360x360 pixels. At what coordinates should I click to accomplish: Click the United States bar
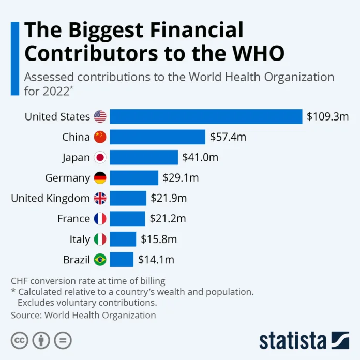[x=206, y=116]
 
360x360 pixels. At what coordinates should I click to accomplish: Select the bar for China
[x=157, y=137]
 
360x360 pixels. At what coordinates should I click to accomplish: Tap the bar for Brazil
[x=122, y=260]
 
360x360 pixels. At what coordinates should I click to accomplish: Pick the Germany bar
[x=133, y=178]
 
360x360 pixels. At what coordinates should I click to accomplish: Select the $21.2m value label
[x=168, y=219]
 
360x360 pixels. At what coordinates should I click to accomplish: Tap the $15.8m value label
[x=158, y=239]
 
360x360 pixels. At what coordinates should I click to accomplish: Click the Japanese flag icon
[x=100, y=158]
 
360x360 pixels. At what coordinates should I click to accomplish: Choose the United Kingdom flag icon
[x=100, y=198]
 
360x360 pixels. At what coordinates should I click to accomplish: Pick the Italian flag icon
[x=100, y=239]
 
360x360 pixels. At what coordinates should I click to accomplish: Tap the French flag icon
[x=100, y=219]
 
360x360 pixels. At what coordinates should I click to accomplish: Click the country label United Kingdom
[x=51, y=198]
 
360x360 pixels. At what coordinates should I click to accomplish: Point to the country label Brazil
[x=77, y=260]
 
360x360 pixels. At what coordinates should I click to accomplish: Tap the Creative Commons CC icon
[x=20, y=340]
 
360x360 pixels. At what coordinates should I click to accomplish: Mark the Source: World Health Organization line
[x=83, y=314]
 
